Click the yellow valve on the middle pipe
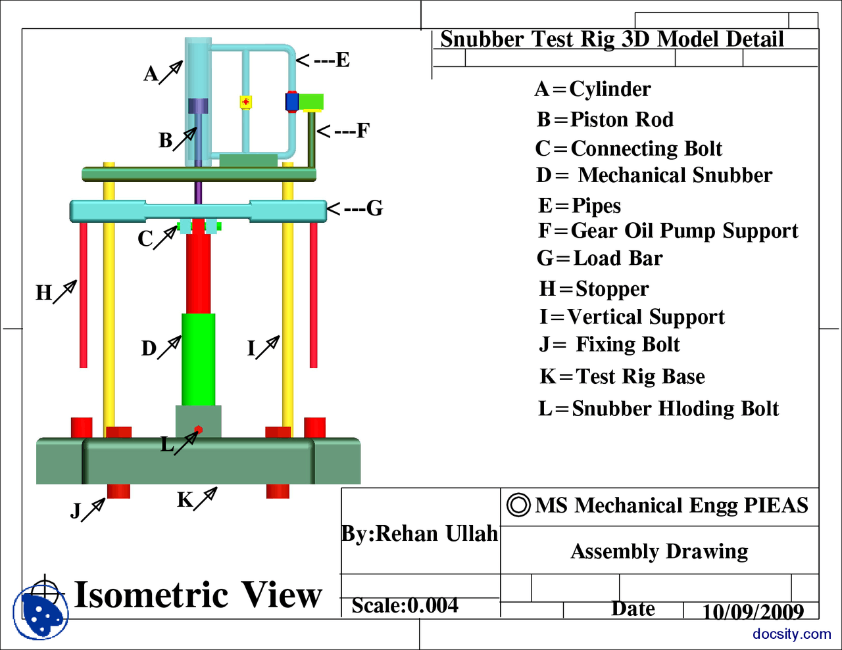click(245, 102)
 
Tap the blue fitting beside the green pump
click(292, 102)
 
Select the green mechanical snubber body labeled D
click(198, 360)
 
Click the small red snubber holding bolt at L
click(198, 429)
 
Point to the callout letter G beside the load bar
click(374, 209)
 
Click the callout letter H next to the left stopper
click(44, 292)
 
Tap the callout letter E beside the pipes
click(342, 60)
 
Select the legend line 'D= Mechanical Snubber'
click(654, 175)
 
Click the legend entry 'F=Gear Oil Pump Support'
click(668, 231)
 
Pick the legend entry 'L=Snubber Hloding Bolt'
click(658, 409)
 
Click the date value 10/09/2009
click(753, 612)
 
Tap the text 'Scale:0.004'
click(405, 605)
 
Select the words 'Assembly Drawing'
click(659, 551)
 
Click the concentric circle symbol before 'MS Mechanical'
click(518, 505)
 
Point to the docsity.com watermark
click(791, 634)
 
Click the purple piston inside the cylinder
click(198, 106)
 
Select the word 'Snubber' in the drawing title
click(483, 39)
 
